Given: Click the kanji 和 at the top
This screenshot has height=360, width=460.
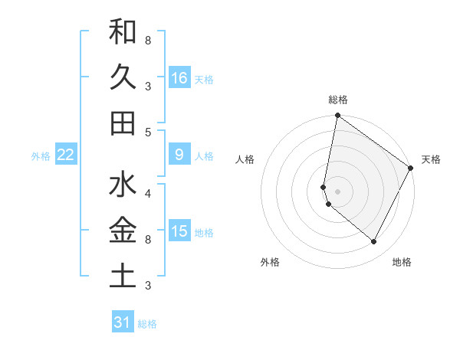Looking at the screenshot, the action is pos(123,32).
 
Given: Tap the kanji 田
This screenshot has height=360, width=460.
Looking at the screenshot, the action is pos(123,123).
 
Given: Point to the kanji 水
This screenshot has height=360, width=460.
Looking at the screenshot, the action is pos(123,185).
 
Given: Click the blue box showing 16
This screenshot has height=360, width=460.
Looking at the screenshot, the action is pos(179,77).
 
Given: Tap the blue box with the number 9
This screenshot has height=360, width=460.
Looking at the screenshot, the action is pos(179,155).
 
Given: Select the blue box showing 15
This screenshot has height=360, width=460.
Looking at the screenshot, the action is pos(179,231).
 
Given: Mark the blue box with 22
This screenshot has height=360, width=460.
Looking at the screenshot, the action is pos(65,155).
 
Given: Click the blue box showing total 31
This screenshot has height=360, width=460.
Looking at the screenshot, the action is pos(123,322).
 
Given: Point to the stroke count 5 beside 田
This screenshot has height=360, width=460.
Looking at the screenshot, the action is pos(148,132).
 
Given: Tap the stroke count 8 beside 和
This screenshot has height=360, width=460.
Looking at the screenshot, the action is pos(148,39).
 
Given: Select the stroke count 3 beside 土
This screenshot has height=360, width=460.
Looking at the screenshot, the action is pos(148,286).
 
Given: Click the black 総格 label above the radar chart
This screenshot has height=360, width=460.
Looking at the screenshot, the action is pos(338,100).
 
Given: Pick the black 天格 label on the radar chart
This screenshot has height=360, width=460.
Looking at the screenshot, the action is pos(431,159).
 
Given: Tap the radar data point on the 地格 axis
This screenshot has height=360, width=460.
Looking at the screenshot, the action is pos(374,242).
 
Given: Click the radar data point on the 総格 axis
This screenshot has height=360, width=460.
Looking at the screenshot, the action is pos(337,116).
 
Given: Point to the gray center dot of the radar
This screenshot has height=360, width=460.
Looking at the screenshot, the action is pos(337,191).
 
